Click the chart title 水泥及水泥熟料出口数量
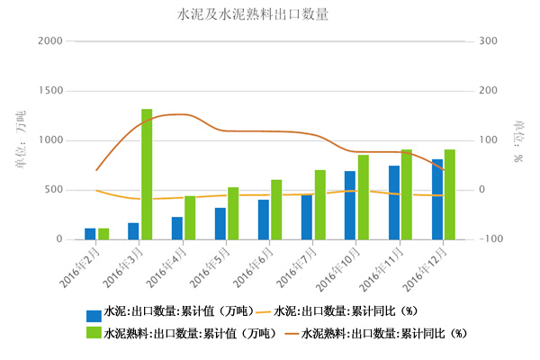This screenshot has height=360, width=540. click(253, 14)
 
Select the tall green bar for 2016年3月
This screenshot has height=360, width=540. click(147, 174)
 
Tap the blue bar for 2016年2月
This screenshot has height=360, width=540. click(90, 234)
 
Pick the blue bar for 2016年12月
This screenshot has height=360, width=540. click(437, 199)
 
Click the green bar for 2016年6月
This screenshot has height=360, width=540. click(276, 210)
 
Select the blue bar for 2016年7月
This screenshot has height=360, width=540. click(307, 217)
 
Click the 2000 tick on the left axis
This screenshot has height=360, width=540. click(51, 41)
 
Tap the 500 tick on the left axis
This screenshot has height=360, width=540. click(55, 190)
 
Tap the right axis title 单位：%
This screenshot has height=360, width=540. click(518, 140)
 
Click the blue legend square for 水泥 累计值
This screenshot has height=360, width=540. click(94, 315)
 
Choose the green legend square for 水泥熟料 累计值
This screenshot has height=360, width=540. click(94, 333)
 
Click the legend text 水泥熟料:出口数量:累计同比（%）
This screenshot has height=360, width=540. click(384, 333)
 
